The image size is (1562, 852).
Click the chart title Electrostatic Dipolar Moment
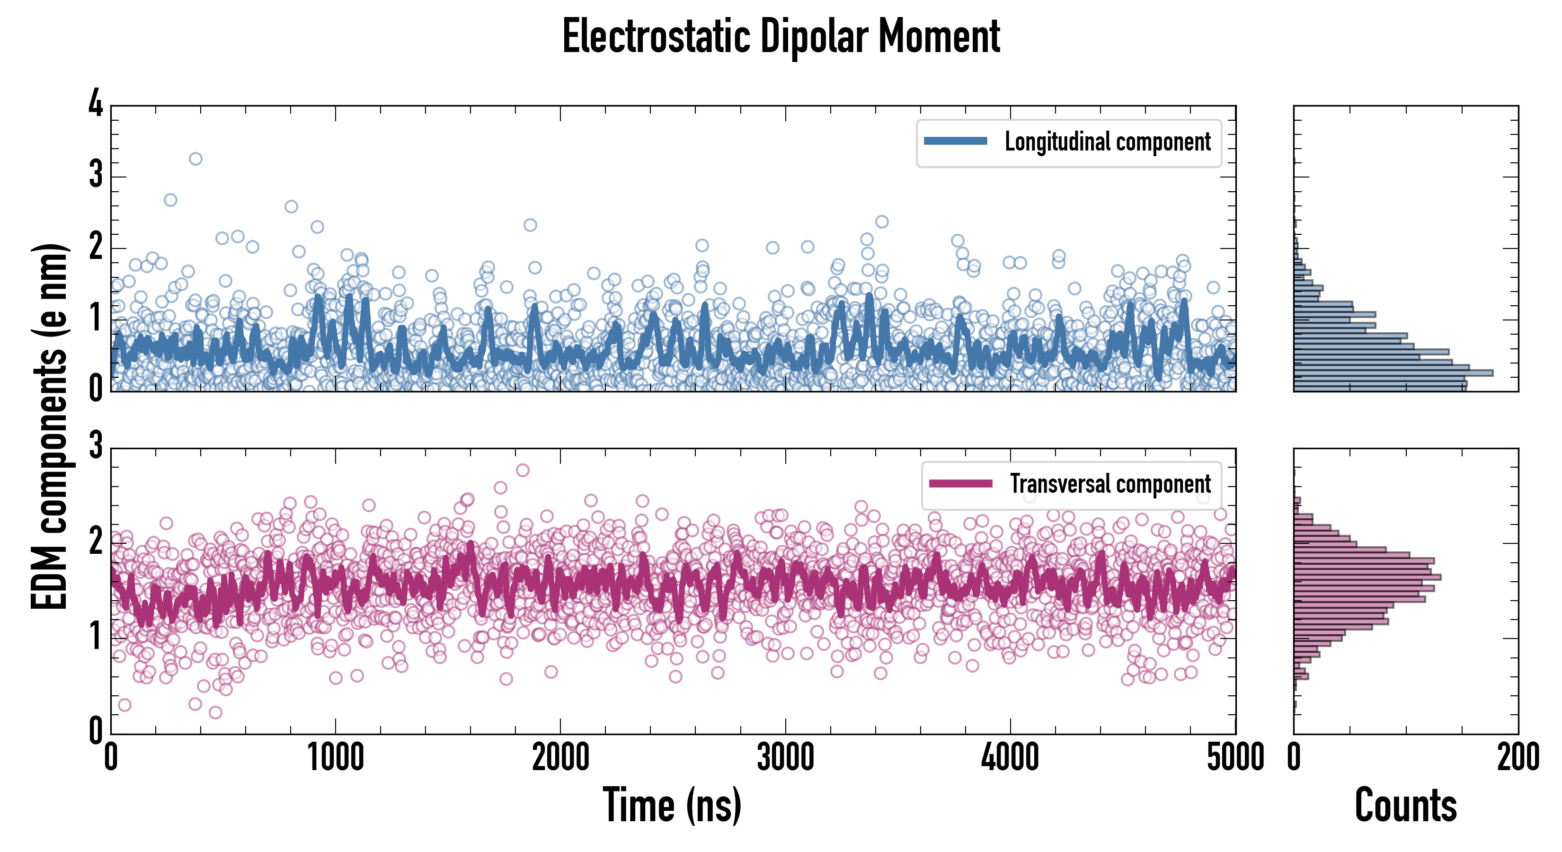(x=781, y=36)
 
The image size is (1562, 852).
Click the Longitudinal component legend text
(x=1107, y=142)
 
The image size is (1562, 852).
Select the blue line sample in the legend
(x=955, y=142)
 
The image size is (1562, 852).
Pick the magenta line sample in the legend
(x=960, y=484)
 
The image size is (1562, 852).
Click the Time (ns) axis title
(x=672, y=805)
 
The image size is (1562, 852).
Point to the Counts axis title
(x=1405, y=805)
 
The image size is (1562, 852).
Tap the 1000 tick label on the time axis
(x=335, y=758)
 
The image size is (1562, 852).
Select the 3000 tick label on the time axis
(x=785, y=758)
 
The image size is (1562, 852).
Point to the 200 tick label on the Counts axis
(x=1518, y=758)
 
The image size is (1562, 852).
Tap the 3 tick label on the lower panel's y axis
(x=96, y=446)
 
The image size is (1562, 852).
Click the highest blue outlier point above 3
(x=195, y=159)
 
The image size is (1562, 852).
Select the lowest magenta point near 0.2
(x=215, y=712)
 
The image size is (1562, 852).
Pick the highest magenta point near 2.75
(x=523, y=470)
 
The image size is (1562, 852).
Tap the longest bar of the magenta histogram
(x=1367, y=577)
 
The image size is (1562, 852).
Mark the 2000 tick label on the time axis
(x=560, y=758)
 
